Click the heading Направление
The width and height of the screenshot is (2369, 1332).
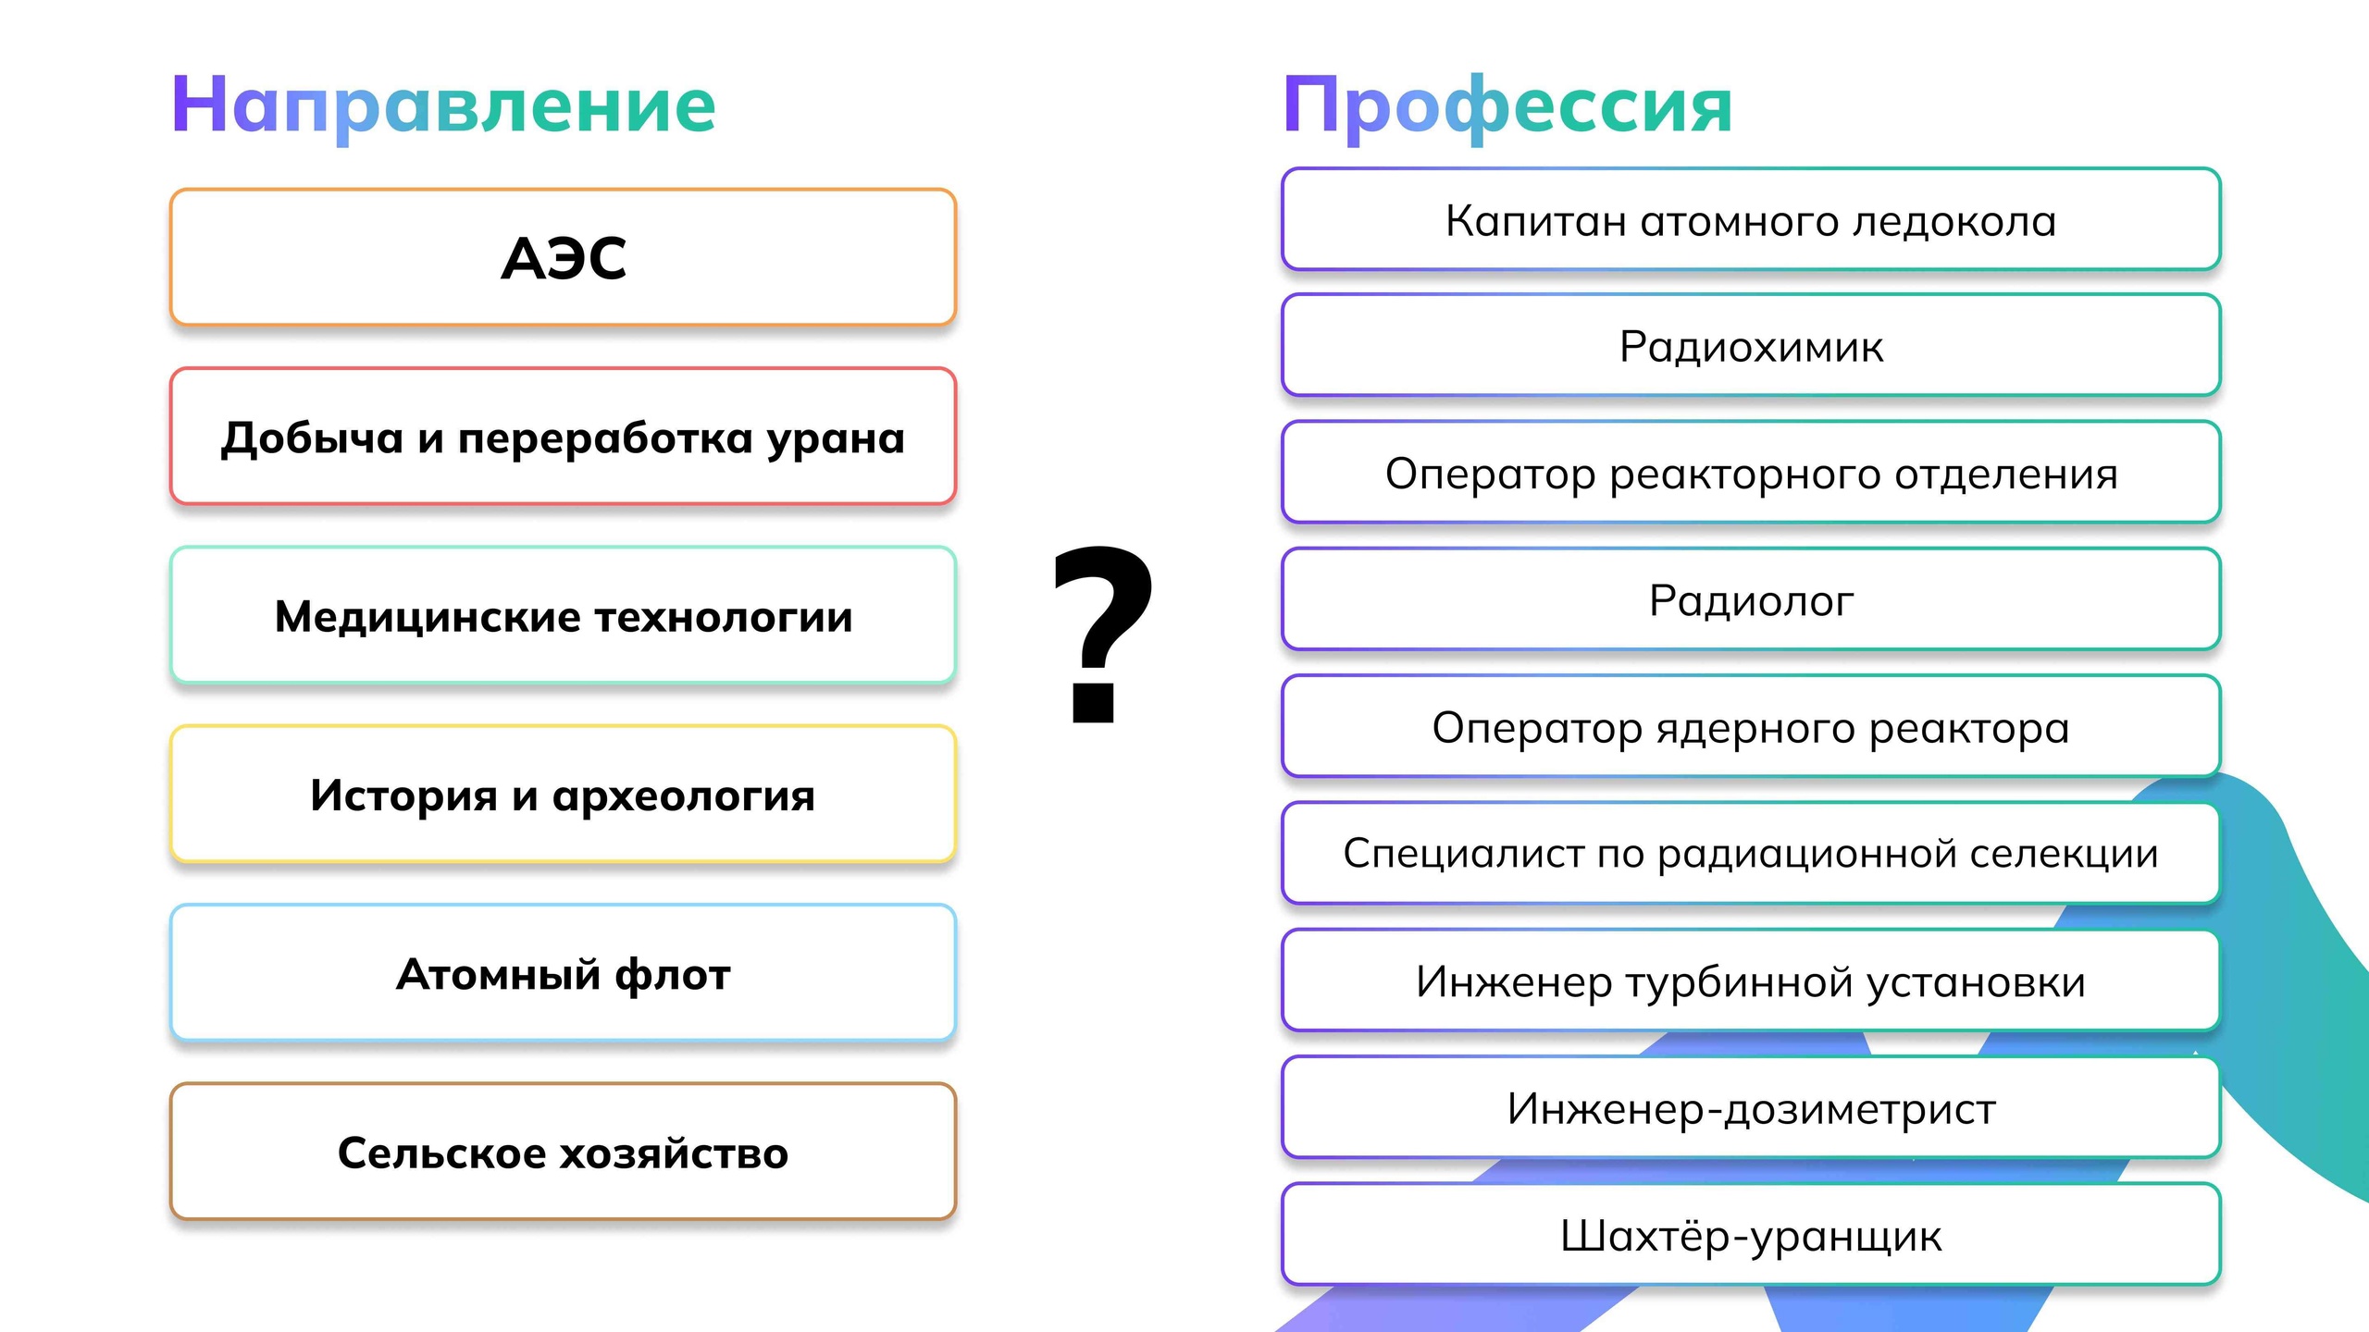point(443,106)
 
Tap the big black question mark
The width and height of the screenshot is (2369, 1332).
point(1102,634)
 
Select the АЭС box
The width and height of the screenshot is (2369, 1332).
point(563,257)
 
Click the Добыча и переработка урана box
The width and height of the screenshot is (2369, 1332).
point(563,437)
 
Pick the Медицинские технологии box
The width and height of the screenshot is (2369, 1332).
point(563,615)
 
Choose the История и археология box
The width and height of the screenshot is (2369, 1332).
point(563,794)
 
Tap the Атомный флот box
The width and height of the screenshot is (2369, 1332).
point(563,973)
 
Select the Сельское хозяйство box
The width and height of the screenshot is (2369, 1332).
point(563,1152)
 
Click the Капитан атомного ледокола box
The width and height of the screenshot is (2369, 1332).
point(1751,219)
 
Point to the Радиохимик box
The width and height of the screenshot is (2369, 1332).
point(1751,345)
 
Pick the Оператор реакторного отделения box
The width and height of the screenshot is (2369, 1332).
point(1751,473)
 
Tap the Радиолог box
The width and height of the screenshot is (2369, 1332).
point(1751,599)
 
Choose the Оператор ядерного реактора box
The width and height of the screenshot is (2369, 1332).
point(1751,726)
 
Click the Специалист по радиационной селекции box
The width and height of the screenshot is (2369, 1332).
point(1751,853)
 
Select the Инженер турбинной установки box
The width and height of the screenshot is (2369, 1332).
point(1751,980)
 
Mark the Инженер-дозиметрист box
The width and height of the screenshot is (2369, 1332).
point(1751,1107)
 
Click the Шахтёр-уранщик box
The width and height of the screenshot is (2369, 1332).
point(1751,1234)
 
